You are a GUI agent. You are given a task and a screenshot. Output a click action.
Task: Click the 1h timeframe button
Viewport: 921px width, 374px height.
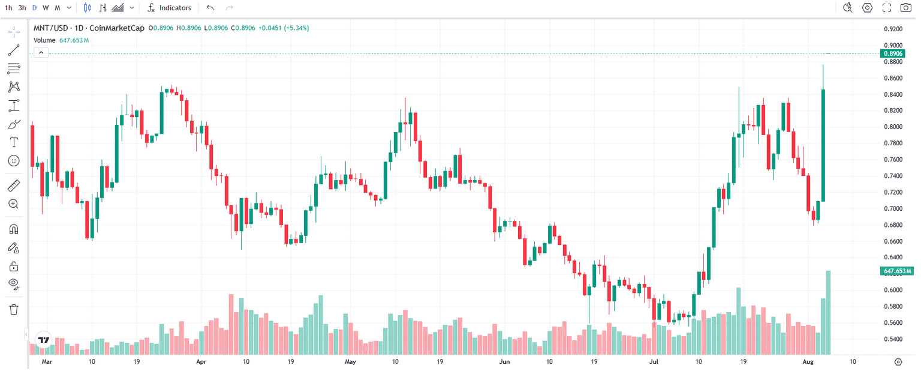[8, 8]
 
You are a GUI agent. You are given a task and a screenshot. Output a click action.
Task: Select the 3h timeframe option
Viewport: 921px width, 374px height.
[22, 8]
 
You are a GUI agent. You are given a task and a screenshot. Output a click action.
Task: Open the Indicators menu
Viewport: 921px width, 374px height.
[170, 8]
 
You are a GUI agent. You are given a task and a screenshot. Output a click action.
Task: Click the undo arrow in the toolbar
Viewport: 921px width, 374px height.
[210, 8]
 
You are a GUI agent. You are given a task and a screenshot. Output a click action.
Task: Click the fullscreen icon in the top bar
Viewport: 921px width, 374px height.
[887, 8]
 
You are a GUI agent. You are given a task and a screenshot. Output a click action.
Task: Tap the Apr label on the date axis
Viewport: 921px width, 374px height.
[201, 362]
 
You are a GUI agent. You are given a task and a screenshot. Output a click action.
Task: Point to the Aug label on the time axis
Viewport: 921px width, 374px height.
[808, 362]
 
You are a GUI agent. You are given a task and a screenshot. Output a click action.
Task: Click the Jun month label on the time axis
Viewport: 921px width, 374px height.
[504, 362]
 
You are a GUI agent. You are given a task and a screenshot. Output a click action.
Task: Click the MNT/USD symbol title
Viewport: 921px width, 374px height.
[50, 28]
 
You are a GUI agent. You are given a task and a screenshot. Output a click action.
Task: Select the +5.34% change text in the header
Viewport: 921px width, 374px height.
[296, 28]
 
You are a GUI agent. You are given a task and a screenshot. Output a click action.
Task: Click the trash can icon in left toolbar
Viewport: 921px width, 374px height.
[14, 309]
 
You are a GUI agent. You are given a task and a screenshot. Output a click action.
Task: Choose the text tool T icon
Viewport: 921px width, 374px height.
[14, 142]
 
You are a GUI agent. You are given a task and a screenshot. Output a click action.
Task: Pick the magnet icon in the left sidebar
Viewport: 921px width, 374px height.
[14, 229]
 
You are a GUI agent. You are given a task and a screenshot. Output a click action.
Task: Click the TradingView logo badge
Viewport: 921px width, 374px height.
[43, 340]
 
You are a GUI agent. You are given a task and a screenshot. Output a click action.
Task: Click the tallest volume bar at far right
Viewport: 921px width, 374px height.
[829, 312]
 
